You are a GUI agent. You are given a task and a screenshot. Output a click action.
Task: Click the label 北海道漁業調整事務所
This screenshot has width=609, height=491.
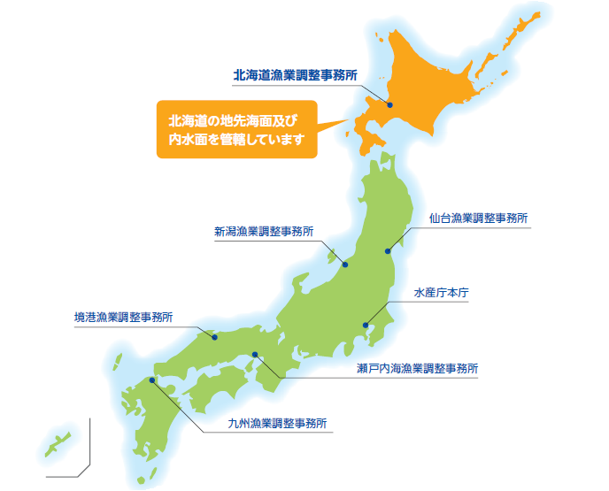click(x=296, y=76)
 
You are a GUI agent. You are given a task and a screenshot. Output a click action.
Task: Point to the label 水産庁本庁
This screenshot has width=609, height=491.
click(x=446, y=292)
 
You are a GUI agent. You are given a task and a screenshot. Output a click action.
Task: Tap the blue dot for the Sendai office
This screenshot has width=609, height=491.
click(x=388, y=251)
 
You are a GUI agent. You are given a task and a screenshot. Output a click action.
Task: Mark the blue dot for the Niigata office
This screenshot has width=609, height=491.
click(x=345, y=265)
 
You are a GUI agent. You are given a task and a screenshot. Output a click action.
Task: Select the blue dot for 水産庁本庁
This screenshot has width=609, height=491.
click(x=366, y=325)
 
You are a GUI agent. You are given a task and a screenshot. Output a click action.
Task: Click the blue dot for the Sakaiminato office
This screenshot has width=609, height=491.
click(x=214, y=336)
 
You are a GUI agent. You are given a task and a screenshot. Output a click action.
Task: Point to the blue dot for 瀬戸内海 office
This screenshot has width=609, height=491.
click(x=255, y=355)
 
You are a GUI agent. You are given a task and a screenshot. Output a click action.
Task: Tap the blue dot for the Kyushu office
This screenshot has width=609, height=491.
click(x=152, y=380)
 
